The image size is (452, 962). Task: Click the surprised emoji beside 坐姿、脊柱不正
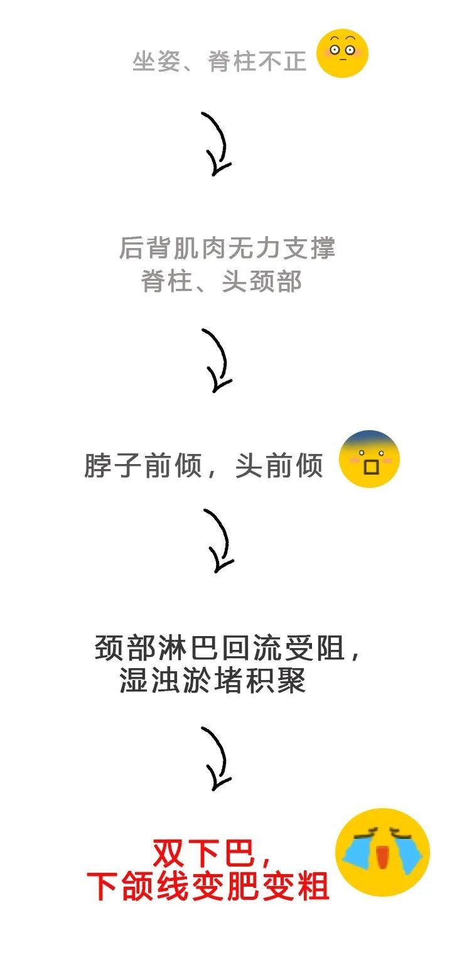pyautogui.click(x=342, y=53)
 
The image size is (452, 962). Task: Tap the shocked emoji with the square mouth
pyautogui.click(x=369, y=458)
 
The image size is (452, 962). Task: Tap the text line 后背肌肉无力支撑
pyautogui.click(x=227, y=248)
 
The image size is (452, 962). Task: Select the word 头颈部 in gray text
pyautogui.click(x=262, y=281)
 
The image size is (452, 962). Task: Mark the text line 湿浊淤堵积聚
pyautogui.click(x=212, y=680)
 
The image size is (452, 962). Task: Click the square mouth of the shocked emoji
pyautogui.click(x=371, y=467)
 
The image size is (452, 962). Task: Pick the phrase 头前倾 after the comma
pyautogui.click(x=279, y=465)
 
